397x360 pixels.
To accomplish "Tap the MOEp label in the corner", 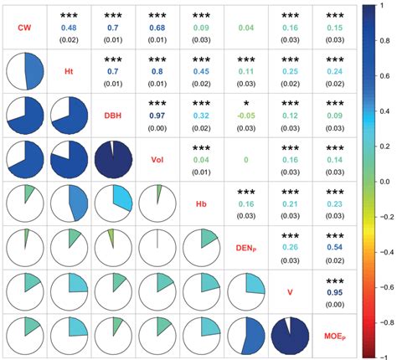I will click(x=334, y=338).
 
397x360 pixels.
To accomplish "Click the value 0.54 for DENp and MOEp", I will click(x=333, y=249).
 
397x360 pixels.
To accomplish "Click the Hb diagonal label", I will click(x=201, y=205).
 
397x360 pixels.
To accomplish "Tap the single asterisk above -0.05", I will click(x=245, y=104).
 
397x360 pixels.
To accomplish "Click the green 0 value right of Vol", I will click(x=245, y=159).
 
